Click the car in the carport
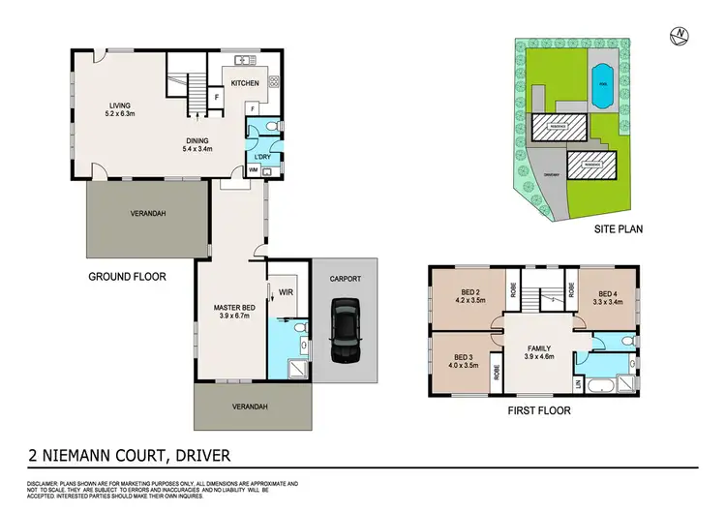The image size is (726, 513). pyautogui.click(x=344, y=328)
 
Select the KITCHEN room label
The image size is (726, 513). pyautogui.click(x=246, y=83)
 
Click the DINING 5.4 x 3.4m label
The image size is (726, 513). pyautogui.click(x=197, y=144)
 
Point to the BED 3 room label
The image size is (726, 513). pyautogui.click(x=462, y=358)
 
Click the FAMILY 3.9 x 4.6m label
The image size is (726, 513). pyautogui.click(x=538, y=352)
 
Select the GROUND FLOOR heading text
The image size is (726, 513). pyautogui.click(x=127, y=276)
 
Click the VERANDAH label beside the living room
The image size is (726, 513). pyautogui.click(x=147, y=214)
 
